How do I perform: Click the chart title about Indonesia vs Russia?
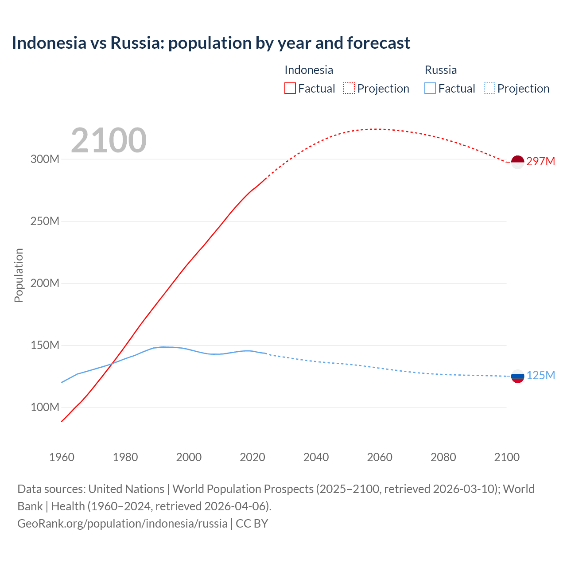coord(211,43)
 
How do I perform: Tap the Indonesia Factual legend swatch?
coord(290,88)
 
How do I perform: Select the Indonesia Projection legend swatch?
coord(349,88)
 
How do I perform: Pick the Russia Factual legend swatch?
coord(430,88)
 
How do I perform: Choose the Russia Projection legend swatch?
coord(489,88)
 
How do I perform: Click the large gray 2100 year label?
coord(109,140)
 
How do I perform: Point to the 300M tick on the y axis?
coord(45,159)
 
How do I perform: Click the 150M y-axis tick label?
coord(45,345)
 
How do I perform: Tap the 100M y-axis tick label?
coord(45,407)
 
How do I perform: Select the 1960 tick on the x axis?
coord(62,457)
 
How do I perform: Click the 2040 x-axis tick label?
coord(316,457)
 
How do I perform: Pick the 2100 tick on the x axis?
coord(507,457)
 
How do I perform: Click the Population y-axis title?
coord(19,275)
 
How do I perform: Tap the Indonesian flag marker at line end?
coord(517,162)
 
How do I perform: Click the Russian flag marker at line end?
coord(517,376)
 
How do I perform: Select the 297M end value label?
coord(540,161)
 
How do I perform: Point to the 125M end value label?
coord(540,375)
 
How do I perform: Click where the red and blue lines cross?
coord(112,363)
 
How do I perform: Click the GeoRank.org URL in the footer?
coord(122,523)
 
